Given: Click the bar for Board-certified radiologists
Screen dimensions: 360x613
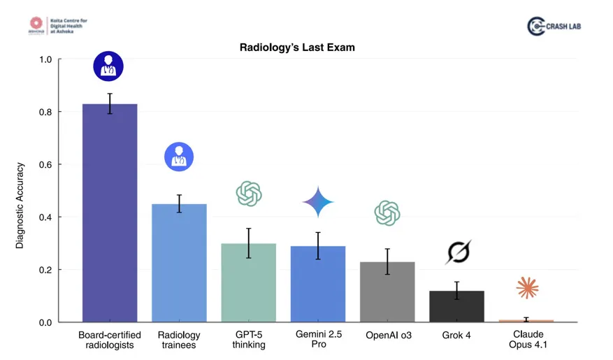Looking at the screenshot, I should coord(110,213).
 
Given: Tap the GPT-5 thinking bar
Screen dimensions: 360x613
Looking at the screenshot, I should coord(248,283).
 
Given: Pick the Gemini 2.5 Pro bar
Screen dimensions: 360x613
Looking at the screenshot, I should coord(317,285).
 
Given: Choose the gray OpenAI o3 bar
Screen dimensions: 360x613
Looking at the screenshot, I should coord(387,292).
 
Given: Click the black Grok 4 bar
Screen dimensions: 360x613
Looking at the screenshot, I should coord(456,307).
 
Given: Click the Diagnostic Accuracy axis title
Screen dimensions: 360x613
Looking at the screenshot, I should coord(20,206).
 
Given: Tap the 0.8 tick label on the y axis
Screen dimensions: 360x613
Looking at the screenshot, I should coord(45,112).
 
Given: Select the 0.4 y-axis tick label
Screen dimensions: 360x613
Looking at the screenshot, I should coord(45,217).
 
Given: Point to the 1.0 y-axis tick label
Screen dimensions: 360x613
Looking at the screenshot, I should coord(45,59).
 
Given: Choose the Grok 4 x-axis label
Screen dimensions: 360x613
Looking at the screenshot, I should coord(456,336).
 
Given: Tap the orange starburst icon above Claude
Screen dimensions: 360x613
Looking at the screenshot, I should coord(526,287).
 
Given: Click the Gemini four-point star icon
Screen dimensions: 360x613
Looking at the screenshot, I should coord(318,202).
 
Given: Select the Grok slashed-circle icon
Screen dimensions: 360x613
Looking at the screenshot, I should coord(457,252).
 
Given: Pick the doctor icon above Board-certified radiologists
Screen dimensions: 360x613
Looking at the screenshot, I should coord(108,66).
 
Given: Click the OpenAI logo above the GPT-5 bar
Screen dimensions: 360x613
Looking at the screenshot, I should coord(249,194).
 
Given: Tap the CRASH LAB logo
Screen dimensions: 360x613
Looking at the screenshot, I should coord(554,26).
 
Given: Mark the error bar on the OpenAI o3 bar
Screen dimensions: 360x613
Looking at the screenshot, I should coord(387,261).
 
